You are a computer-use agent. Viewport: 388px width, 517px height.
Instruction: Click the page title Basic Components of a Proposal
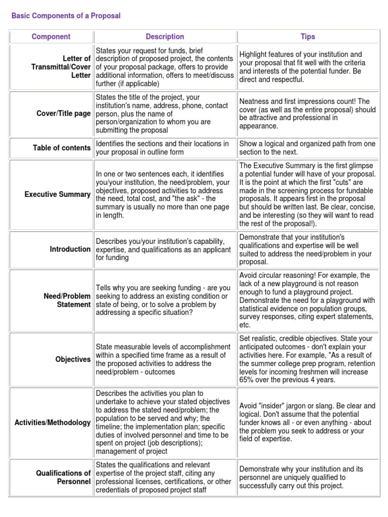(66, 16)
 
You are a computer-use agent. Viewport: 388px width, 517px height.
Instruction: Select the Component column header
(51, 37)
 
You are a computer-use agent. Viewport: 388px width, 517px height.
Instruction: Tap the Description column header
(165, 37)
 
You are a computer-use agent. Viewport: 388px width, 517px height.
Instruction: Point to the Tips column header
(308, 37)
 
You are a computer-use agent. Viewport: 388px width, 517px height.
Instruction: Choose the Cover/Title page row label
(64, 114)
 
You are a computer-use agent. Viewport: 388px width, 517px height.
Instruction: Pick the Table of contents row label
(62, 148)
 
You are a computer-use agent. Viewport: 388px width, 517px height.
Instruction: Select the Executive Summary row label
(58, 194)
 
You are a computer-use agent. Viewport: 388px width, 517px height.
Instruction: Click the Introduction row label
(70, 249)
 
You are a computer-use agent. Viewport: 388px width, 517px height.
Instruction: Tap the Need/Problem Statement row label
(67, 300)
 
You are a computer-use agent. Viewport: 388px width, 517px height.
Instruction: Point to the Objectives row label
(73, 359)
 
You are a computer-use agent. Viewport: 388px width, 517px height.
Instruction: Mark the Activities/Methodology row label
(53, 422)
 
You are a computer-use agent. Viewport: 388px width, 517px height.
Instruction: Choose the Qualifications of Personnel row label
(63, 477)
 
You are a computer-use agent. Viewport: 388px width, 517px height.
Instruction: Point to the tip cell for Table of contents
(307, 148)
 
